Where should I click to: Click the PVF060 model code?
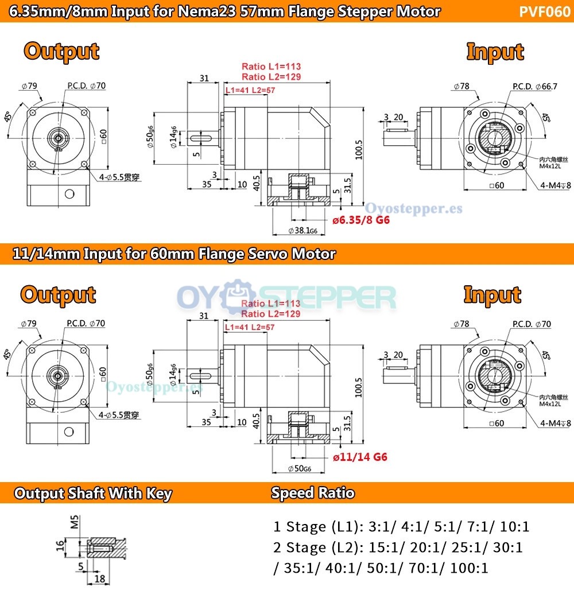pyautogui.click(x=545, y=11)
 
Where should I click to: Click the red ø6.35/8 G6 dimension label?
pyautogui.click(x=361, y=220)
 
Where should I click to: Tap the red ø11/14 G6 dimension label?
pyautogui.click(x=360, y=457)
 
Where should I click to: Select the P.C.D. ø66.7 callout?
pyautogui.click(x=534, y=87)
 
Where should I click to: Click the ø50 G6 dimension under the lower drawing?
pyautogui.click(x=299, y=468)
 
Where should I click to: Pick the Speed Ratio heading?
pyautogui.click(x=313, y=493)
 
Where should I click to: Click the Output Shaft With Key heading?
pyautogui.click(x=93, y=494)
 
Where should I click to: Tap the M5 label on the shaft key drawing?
pyautogui.click(x=73, y=521)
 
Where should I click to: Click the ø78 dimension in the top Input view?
pyautogui.click(x=461, y=87)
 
